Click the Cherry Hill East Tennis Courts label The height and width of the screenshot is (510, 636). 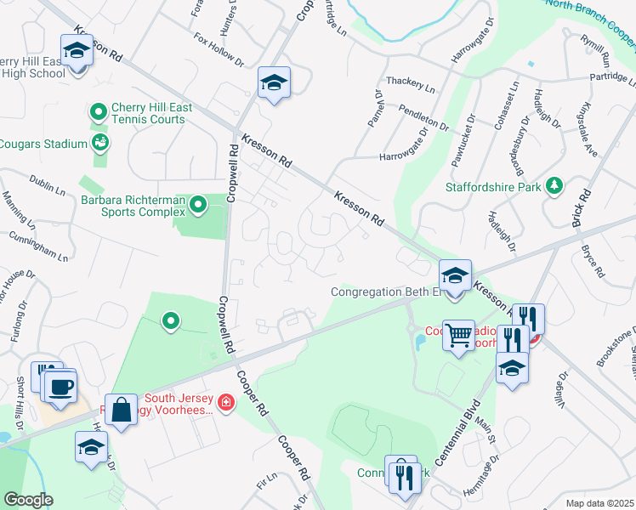point(152,114)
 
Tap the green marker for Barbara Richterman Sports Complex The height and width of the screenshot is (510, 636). point(198,204)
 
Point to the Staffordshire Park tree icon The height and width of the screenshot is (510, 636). point(554,184)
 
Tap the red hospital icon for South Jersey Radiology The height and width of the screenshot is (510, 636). point(225,402)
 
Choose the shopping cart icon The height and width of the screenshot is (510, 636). point(459,336)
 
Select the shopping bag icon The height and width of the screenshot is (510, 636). point(121,411)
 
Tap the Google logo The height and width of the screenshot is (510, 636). point(28,500)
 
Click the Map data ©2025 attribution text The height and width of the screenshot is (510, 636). point(599,503)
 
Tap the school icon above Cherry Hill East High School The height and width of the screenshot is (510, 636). point(77,52)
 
